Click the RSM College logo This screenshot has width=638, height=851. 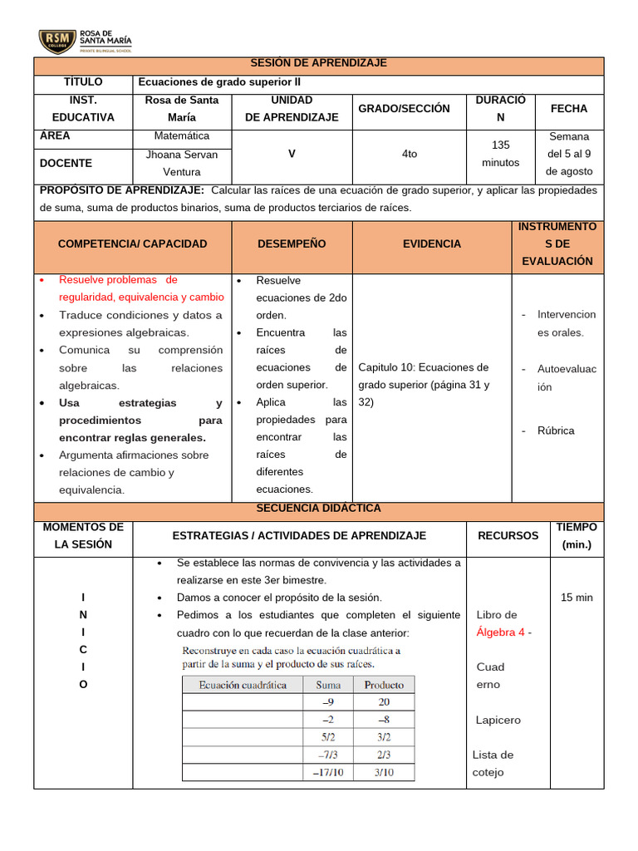[x=85, y=40]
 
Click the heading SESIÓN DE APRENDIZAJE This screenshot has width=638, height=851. [x=319, y=64]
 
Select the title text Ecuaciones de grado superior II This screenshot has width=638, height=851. [x=220, y=82]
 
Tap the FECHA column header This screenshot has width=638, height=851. [x=569, y=109]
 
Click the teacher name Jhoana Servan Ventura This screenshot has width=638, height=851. [x=182, y=163]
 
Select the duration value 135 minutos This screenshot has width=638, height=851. [x=501, y=154]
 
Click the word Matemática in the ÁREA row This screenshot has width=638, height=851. [x=182, y=135]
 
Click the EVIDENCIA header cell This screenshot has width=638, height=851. [x=432, y=243]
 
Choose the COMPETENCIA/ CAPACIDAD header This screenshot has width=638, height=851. [x=133, y=243]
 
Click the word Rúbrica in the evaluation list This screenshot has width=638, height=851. [x=556, y=430]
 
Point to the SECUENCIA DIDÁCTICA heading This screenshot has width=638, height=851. [x=319, y=508]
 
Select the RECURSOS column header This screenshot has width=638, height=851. [x=508, y=536]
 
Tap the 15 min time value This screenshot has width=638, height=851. [x=577, y=598]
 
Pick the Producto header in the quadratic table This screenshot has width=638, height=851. [x=384, y=685]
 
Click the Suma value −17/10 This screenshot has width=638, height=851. [x=328, y=772]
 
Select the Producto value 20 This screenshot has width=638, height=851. [x=384, y=702]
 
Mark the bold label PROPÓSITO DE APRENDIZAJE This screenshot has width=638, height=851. [x=122, y=190]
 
